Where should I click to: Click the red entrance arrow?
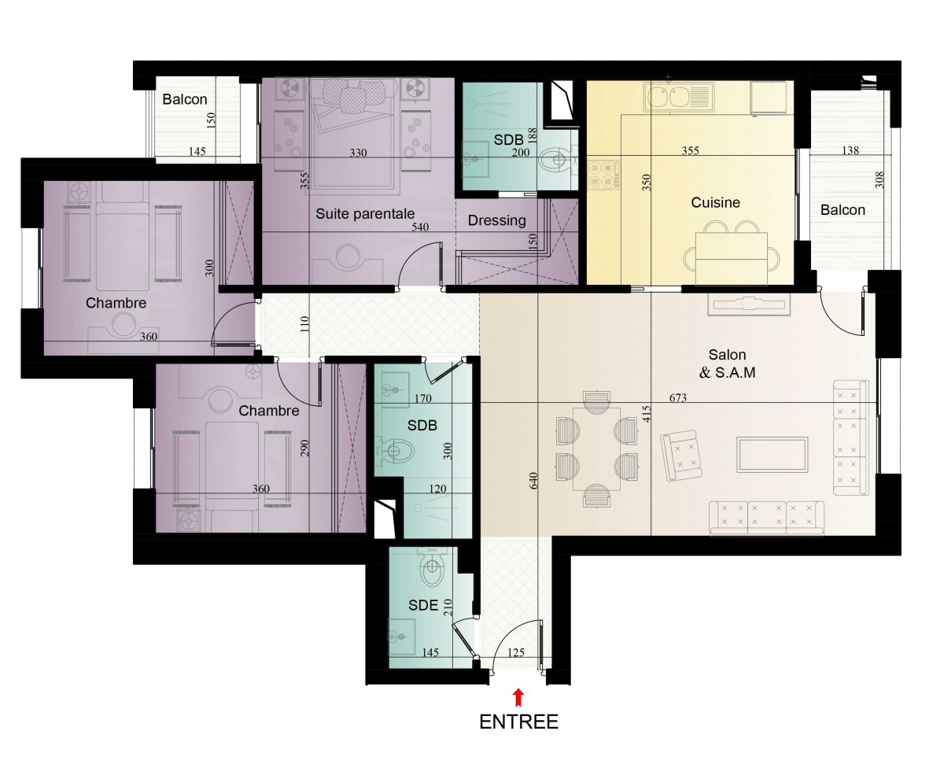tap(518, 697)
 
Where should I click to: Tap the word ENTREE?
tap(518, 722)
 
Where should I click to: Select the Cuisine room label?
tap(715, 202)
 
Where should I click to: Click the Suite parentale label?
tap(365, 213)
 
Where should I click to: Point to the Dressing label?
tap(496, 220)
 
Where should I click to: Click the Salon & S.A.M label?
tap(727, 364)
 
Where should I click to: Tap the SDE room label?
tap(423, 605)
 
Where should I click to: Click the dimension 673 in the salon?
tap(677, 397)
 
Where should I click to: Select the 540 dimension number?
tap(420, 227)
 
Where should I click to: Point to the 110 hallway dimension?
tap(304, 324)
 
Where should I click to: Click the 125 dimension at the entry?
tap(515, 652)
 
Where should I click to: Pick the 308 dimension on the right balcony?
tap(879, 179)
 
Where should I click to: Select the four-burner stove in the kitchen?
tap(603, 174)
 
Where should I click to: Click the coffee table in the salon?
tap(773, 455)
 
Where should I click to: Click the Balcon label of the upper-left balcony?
tap(184, 99)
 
